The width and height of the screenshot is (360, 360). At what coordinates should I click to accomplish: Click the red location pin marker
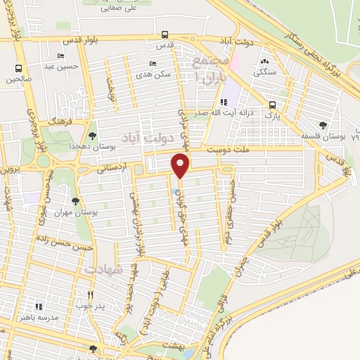(x=181, y=166)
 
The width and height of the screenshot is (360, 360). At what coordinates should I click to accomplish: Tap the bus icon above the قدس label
(x=165, y=34)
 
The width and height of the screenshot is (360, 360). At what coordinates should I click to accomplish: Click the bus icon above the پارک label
(x=272, y=105)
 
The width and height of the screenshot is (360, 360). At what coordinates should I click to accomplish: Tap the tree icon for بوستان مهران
(x=75, y=202)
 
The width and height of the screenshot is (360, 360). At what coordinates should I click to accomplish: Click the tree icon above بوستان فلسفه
(x=323, y=125)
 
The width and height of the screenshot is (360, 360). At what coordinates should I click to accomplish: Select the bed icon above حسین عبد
(x=61, y=55)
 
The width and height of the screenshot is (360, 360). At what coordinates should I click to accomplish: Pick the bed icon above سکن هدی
(x=153, y=63)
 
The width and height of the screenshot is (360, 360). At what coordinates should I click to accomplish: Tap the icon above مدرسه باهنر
(x=39, y=307)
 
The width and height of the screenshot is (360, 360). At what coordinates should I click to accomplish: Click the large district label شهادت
(x=104, y=269)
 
